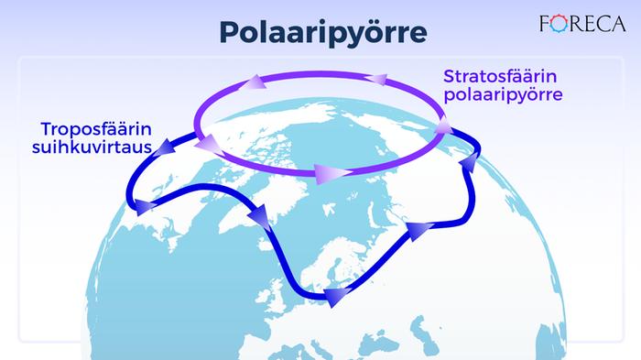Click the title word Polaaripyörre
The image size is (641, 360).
(x=322, y=33)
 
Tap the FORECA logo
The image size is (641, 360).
(x=582, y=23)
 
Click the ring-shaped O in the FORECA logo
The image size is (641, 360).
(x=559, y=23)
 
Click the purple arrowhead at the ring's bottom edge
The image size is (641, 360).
(x=322, y=172)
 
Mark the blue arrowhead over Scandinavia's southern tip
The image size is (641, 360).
(x=337, y=296)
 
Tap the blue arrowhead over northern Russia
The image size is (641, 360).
(x=418, y=229)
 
